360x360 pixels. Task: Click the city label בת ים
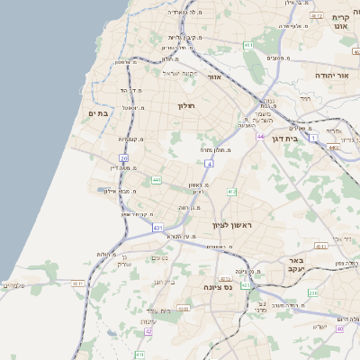[98, 113]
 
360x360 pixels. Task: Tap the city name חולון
[186, 106]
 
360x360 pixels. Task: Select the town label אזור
[214, 76]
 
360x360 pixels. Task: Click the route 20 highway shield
[123, 158]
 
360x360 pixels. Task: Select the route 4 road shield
[208, 164]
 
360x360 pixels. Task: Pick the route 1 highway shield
[313, 138]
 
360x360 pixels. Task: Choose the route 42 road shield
[148, 330]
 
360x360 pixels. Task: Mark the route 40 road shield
[339, 328]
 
